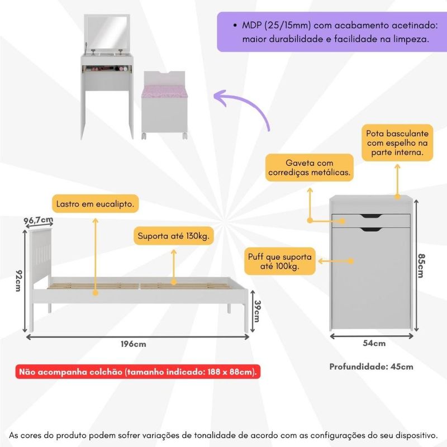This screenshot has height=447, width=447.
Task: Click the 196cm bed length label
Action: coord(134,344)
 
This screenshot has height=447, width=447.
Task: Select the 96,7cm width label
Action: coord(39,221)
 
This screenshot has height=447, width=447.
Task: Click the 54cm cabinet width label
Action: coord(373,343)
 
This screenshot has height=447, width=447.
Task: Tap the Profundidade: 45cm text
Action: coord(371,367)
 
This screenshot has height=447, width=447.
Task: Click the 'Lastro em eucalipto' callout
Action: coord(95,204)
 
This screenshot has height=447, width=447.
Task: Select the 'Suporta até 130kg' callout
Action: coord(174,236)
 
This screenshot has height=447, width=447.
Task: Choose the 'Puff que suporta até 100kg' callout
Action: coord(280,261)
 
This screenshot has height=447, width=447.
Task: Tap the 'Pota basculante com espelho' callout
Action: coord(397,143)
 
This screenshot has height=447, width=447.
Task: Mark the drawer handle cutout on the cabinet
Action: coord(371,216)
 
